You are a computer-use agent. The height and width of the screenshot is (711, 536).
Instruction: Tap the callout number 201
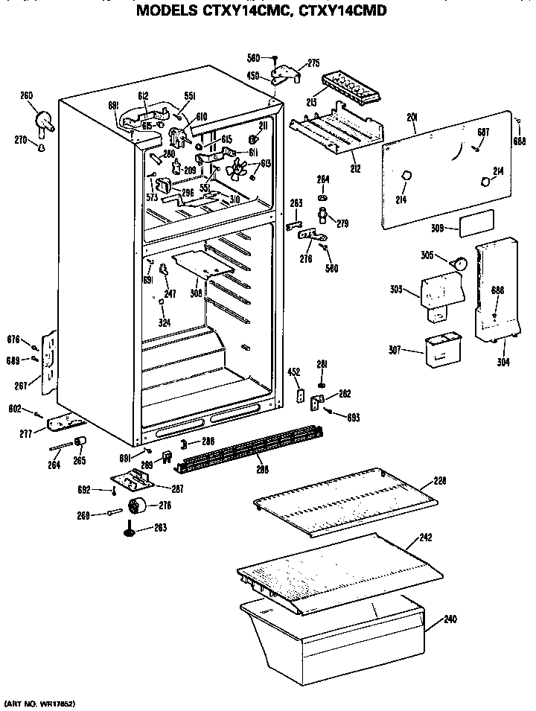coord(412,118)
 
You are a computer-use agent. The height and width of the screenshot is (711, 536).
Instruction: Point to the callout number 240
coord(451,619)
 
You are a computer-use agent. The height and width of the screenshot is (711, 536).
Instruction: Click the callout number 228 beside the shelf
coord(440,482)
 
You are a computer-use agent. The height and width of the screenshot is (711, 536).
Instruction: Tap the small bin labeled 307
coord(441,350)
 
